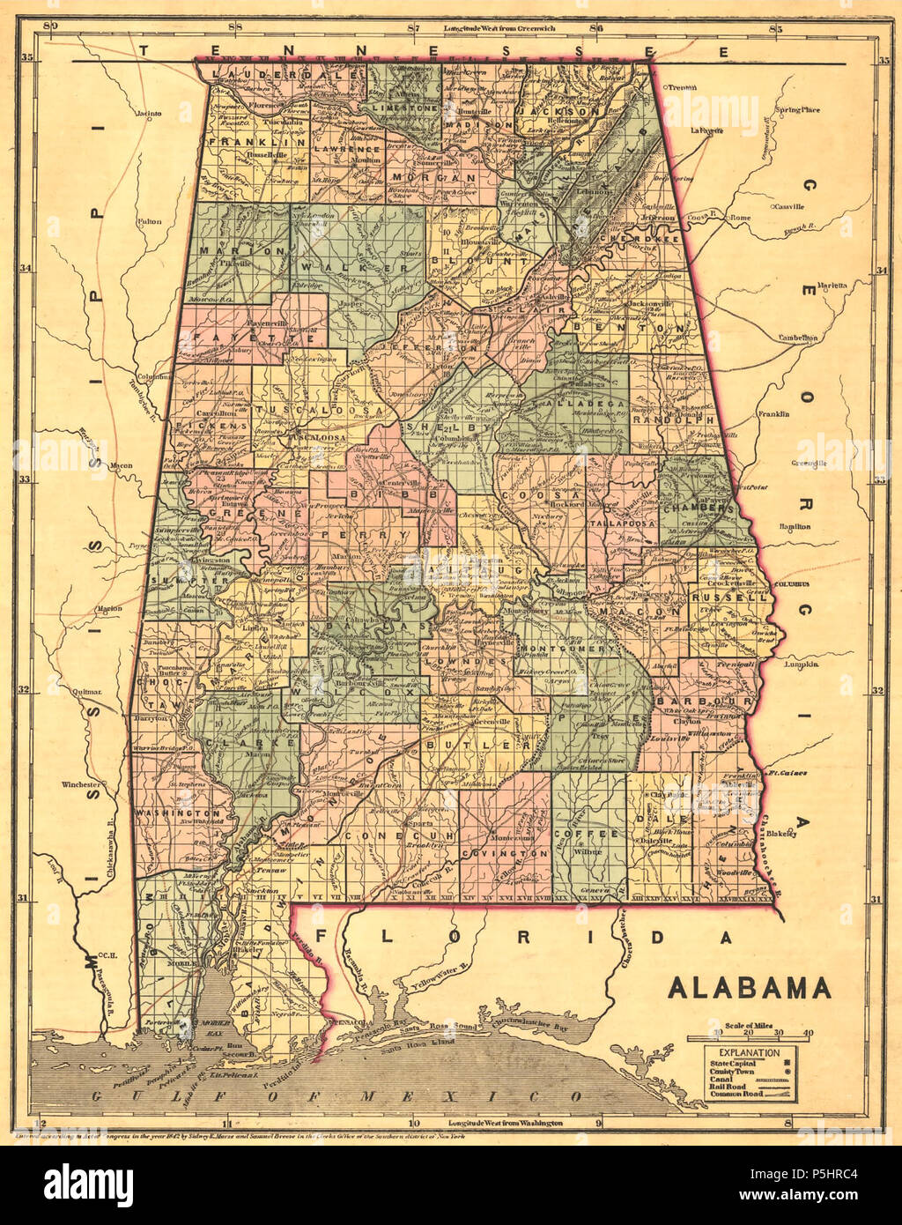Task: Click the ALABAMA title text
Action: point(749,988)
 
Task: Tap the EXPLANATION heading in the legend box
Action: point(748,1052)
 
